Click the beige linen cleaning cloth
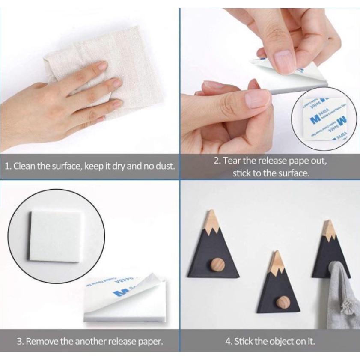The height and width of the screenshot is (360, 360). click(128, 64)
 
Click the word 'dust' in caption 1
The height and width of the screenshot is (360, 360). click(165, 166)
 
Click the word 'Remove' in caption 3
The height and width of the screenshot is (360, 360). click(42, 342)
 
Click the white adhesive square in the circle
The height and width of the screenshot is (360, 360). click(56, 236)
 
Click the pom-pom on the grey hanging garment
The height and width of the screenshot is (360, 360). click(350, 306)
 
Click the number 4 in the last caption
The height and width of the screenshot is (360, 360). click(228, 342)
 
